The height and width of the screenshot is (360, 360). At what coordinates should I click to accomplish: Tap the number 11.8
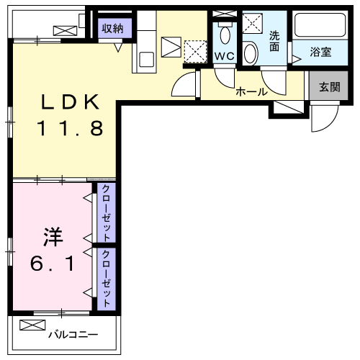pos(69,129)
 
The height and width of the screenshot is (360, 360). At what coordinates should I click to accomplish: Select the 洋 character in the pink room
pos(50,235)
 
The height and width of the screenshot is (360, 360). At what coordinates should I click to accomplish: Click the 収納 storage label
pos(112,28)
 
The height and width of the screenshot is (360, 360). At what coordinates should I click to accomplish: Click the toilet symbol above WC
pos(225,33)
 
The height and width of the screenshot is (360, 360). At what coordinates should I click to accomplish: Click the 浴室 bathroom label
pos(320,52)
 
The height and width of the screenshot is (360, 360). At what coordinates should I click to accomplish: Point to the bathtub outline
pos(321,27)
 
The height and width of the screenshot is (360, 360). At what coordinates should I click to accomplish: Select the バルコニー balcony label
pos(74,334)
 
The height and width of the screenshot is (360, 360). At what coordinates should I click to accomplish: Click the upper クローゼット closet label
pos(106,213)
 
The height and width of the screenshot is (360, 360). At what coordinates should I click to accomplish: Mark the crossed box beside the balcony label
pos(32,325)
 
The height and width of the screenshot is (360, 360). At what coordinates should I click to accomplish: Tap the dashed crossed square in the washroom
pos(253,23)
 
